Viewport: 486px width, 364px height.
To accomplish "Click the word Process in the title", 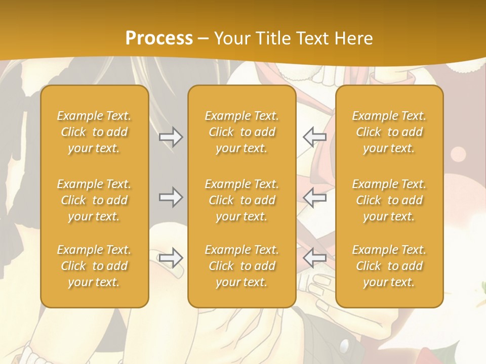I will point(159,38).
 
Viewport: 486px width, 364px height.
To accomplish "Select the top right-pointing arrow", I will point(171,137).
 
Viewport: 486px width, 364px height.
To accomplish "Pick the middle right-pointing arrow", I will point(171,197).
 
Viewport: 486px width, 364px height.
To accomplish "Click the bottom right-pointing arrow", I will point(171,258).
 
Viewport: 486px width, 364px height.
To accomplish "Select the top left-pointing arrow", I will point(314,137).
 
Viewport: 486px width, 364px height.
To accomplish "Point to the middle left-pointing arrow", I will point(314,197).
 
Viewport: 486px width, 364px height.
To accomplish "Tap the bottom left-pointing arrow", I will point(314,258).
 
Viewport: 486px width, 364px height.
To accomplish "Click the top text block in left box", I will point(94,132).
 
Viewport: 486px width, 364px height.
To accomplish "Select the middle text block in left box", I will point(94,200).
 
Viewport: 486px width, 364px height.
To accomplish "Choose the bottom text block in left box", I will point(94,266).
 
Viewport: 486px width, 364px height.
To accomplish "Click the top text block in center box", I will point(241,132).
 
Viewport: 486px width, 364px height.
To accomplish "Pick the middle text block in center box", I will point(241,200).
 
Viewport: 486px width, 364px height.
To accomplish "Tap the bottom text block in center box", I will point(241,266).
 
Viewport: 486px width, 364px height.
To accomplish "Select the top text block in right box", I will point(389,132).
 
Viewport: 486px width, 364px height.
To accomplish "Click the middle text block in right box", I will point(389,200).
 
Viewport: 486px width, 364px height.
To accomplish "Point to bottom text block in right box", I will point(389,266).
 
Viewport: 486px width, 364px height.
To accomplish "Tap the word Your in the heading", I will point(231,38).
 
